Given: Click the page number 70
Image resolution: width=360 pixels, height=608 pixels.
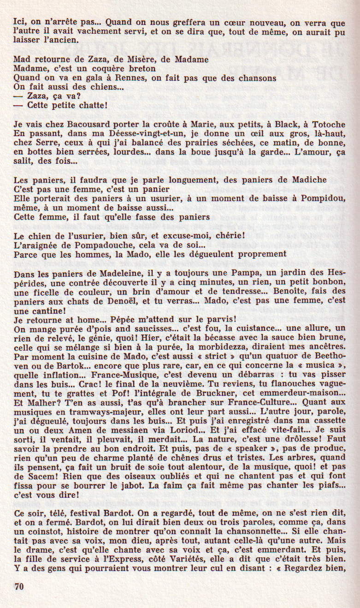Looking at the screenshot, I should click(x=18, y=586).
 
